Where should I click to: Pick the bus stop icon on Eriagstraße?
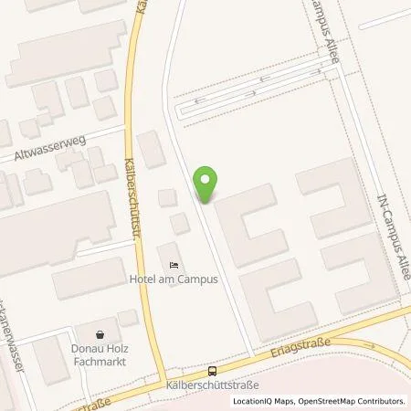tap(212, 371)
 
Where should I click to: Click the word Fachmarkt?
tap(100, 361)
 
